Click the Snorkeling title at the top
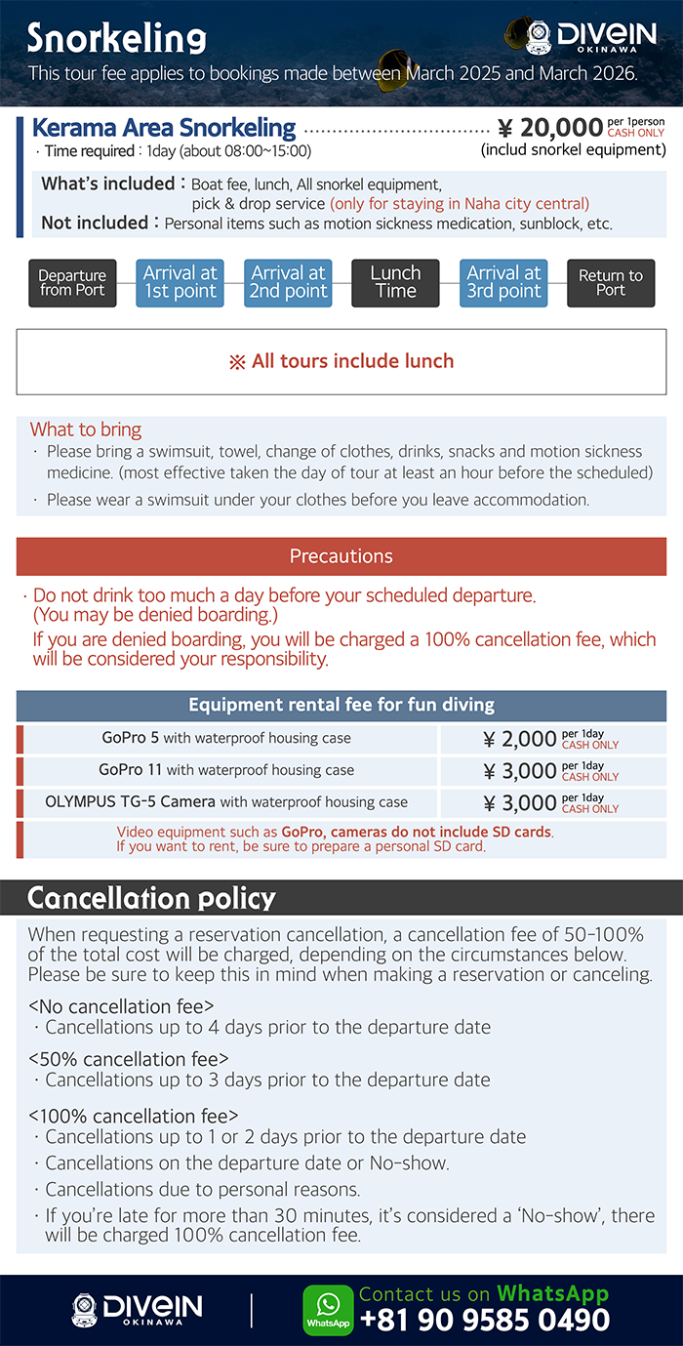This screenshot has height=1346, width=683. pyautogui.click(x=116, y=38)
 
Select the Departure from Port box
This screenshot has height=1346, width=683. pyautogui.click(x=72, y=283)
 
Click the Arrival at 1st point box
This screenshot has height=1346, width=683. pyautogui.click(x=181, y=283)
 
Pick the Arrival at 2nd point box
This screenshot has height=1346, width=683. pyautogui.click(x=288, y=283)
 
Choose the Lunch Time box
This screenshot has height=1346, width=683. pyautogui.click(x=395, y=283)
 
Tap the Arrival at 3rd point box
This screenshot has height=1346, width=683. pyautogui.click(x=503, y=283)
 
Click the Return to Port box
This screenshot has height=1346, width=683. pyautogui.click(x=611, y=283)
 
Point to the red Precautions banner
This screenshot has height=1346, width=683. pyautogui.click(x=341, y=556)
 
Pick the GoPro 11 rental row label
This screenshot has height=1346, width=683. pyautogui.click(x=226, y=770)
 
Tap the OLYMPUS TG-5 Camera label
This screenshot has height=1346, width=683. pyautogui.click(x=226, y=802)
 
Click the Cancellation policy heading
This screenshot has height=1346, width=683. pyautogui.click(x=151, y=897)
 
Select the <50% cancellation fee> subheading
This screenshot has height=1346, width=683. pyautogui.click(x=129, y=1059)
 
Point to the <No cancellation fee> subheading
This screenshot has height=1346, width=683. pyautogui.click(x=121, y=1005)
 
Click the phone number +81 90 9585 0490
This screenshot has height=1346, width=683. pyautogui.click(x=485, y=1321)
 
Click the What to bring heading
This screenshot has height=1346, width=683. pyautogui.click(x=86, y=429)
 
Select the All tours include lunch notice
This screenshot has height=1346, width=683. pyautogui.click(x=341, y=361)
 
